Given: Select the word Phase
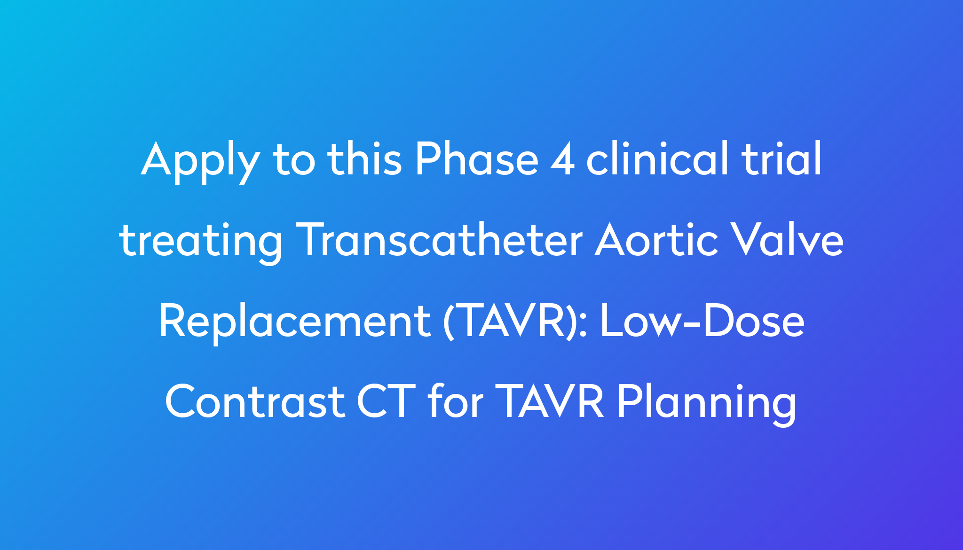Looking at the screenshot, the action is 476,158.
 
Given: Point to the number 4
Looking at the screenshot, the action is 562,159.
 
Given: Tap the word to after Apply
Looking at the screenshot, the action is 293,160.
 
